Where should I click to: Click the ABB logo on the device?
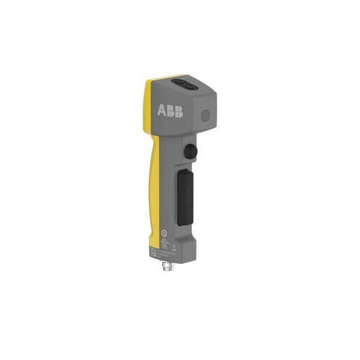[x=170, y=110]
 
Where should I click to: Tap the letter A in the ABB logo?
[x=161, y=110]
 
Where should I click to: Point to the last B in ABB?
[x=179, y=112]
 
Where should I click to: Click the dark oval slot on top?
[x=184, y=85]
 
